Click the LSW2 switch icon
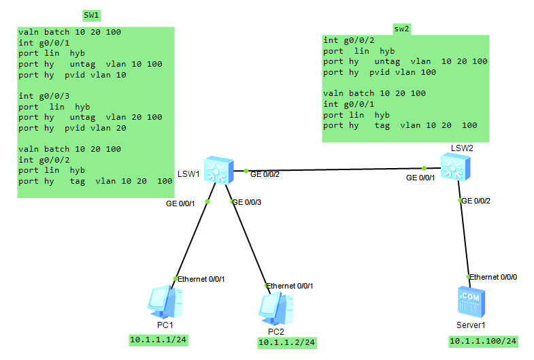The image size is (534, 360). click(x=453, y=166)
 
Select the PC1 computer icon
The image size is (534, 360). click(x=165, y=302)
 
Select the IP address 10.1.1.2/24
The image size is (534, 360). click(x=286, y=343)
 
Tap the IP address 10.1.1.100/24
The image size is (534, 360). click(x=483, y=341)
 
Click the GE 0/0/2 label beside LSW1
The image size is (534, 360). click(x=265, y=175)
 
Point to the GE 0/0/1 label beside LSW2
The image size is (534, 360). click(x=421, y=178)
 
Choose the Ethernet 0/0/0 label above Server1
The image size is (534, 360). click(x=494, y=277)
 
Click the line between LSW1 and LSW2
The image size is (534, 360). click(x=333, y=169)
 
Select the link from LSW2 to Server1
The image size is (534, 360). click(x=465, y=238)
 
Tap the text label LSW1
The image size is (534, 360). click(x=188, y=174)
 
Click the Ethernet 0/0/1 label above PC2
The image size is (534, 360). click(x=290, y=286)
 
